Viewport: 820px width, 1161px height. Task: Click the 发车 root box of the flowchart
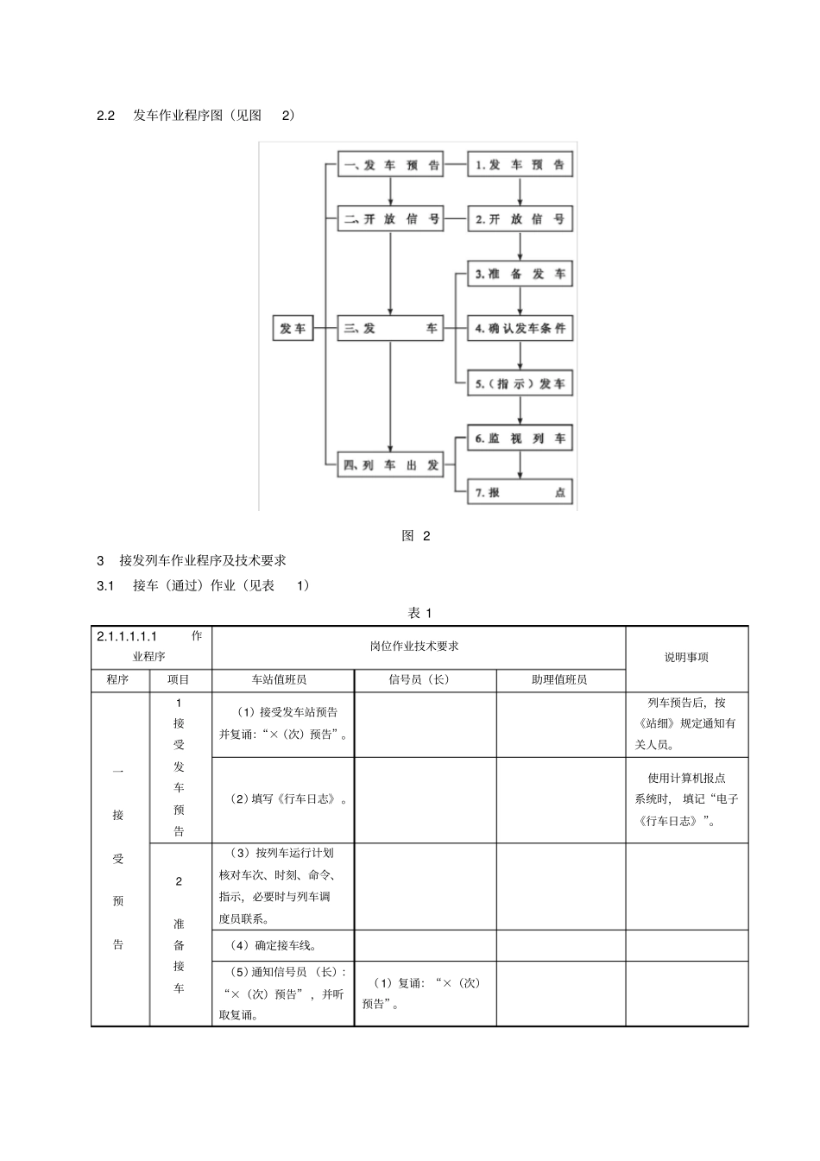[293, 329]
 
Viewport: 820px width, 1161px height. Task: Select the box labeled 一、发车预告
[390, 165]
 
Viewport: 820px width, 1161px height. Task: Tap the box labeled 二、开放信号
[390, 219]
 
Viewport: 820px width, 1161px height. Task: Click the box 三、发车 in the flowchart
[390, 329]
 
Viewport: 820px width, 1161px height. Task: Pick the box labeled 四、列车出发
[390, 465]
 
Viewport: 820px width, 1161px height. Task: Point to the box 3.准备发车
[520, 274]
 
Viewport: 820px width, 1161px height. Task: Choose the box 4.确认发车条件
[520, 329]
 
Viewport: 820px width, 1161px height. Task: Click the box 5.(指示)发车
[520, 384]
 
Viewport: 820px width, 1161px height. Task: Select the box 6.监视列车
[520, 439]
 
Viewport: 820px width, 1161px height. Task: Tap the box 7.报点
[520, 493]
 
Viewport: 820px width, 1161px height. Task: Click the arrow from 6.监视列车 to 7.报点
[520, 465]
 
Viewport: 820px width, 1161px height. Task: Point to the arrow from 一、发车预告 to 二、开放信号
[390, 192]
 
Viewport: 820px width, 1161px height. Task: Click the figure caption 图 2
[416, 536]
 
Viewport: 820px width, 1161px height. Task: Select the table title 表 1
[419, 613]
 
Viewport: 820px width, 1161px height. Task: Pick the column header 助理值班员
[559, 680]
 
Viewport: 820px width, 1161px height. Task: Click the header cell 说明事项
[686, 658]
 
